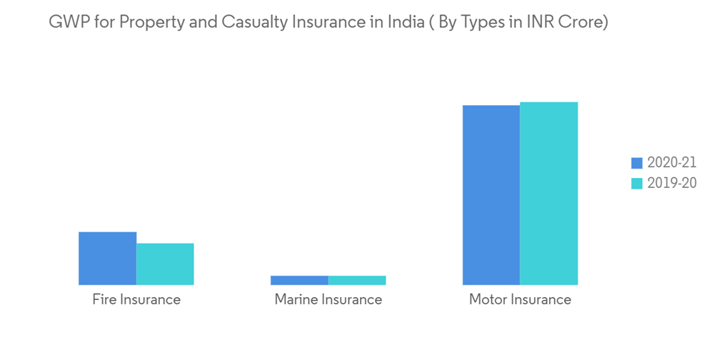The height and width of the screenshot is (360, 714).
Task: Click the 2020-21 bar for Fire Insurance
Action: [x=107, y=258]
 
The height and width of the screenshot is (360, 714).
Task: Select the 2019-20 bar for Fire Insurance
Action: [x=165, y=264]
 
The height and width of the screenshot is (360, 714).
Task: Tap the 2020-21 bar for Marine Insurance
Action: [x=299, y=280]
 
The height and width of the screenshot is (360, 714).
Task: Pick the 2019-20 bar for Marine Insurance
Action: [x=357, y=280]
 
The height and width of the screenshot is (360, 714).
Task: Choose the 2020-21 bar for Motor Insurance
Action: [x=491, y=195]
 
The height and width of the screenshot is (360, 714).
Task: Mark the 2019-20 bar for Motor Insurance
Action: [x=548, y=194]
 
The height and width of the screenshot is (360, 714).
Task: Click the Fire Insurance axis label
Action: [x=136, y=299]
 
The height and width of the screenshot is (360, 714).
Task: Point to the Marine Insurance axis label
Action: [x=328, y=299]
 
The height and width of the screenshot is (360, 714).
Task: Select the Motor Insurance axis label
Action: [x=520, y=299]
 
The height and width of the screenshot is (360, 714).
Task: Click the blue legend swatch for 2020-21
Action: [x=638, y=163]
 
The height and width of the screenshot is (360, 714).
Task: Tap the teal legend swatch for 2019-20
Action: [x=638, y=183]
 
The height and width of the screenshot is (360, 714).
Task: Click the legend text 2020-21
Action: [x=672, y=163]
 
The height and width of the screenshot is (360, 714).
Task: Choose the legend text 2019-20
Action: [x=672, y=183]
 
